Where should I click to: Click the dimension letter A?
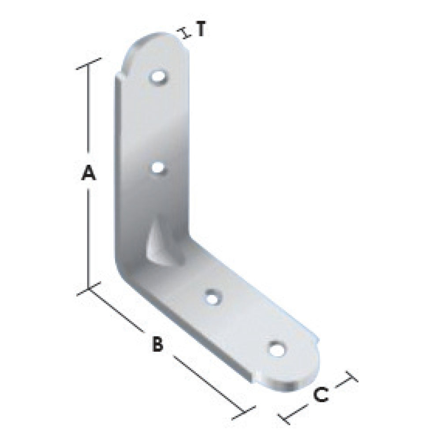(89, 173)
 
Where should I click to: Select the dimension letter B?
(157, 344)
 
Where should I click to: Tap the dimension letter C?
(321, 395)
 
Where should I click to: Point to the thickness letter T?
(201, 29)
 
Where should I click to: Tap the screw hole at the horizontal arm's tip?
(277, 349)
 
